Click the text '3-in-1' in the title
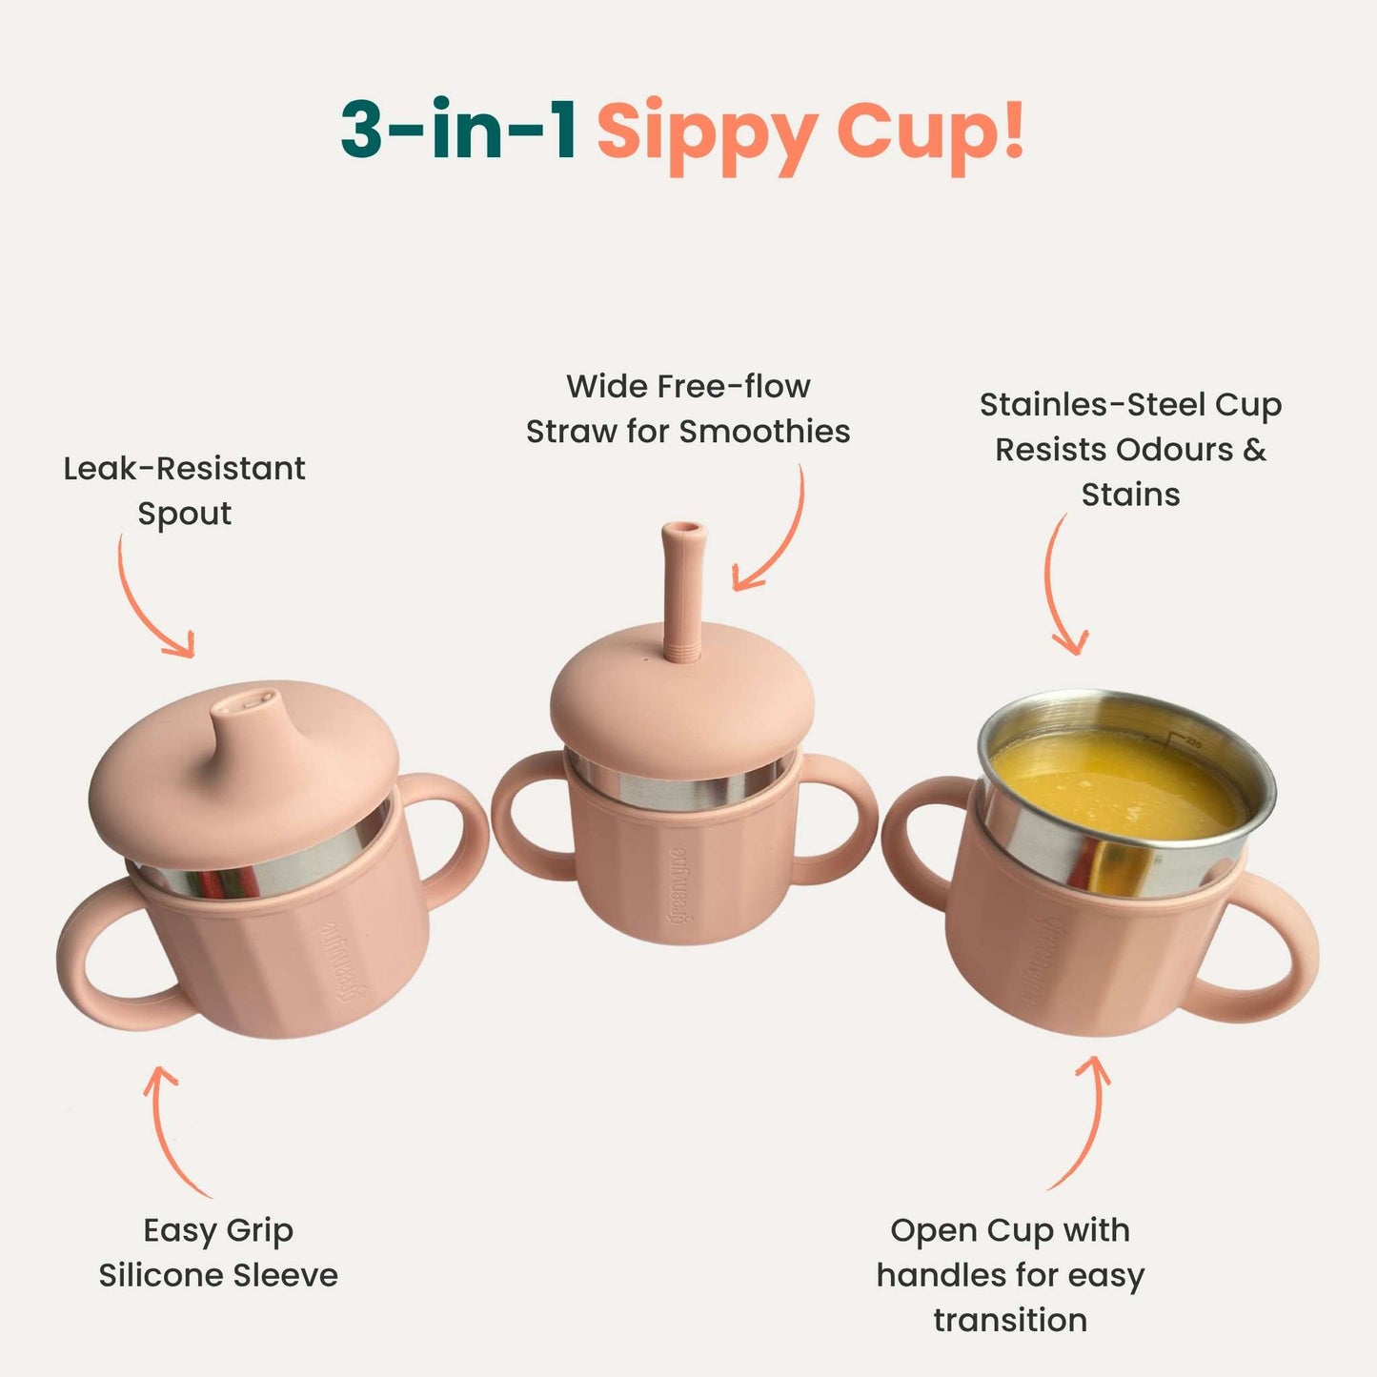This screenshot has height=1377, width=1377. tap(457, 130)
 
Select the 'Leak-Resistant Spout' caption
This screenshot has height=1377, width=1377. tap(184, 491)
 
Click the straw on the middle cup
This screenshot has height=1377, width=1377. tap(684, 591)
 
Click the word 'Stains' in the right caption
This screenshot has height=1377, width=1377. tap(1130, 495)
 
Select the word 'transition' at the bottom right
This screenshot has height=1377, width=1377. tap(1010, 1320)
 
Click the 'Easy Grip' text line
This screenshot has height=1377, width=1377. tap(218, 1230)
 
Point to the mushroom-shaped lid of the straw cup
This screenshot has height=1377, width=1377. tap(681, 696)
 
